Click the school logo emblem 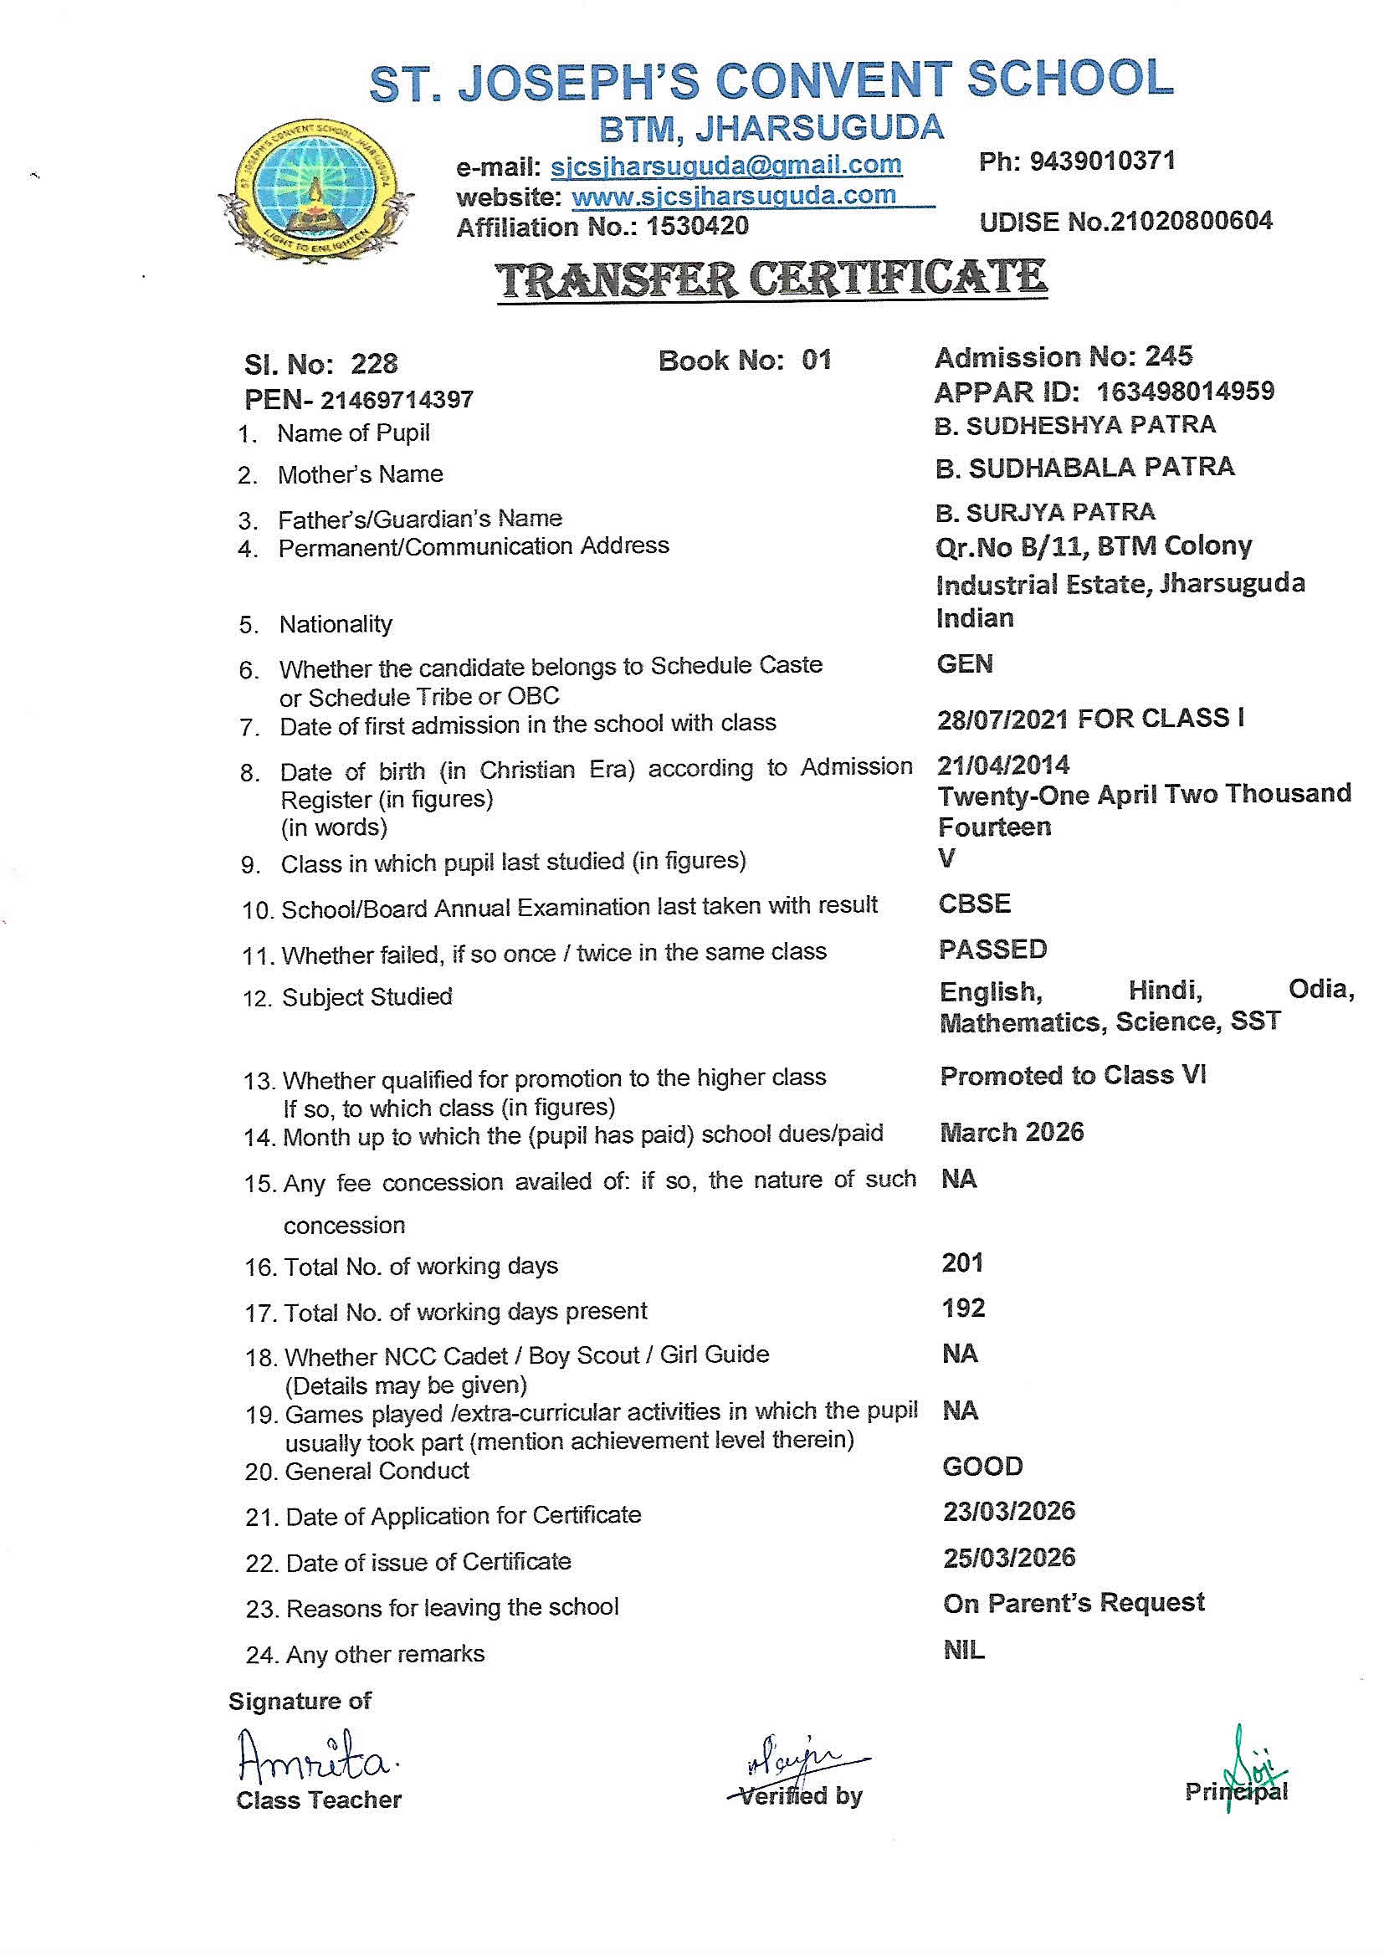pos(316,185)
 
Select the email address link pos(726,165)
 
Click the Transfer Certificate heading pos(771,279)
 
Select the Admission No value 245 pos(1168,356)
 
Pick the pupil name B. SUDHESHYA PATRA pos(1074,425)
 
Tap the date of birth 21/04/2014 pos(1003,764)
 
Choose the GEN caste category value pos(965,663)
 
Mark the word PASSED pos(993,949)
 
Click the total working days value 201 pos(962,1262)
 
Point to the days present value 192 pos(963,1308)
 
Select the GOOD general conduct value pos(982,1466)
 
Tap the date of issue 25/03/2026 pos(1009,1557)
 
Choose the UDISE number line pos(1125,222)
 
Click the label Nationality pos(336,624)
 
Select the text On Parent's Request pos(1074,1602)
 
